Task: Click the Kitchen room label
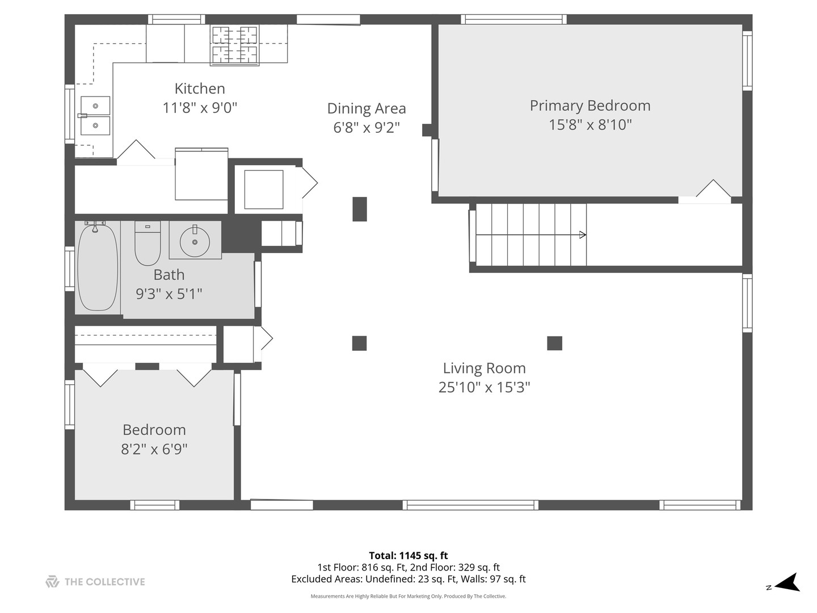pos(200,89)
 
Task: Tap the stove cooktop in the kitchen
pos(234,45)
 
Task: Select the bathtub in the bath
pos(98,267)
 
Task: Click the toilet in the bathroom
pos(148,243)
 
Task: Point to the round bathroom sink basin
pos(195,242)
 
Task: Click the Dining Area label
pos(367,108)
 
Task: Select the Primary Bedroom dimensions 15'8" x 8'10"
pos(590,124)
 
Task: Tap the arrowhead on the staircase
pos(583,234)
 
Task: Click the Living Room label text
pos(484,368)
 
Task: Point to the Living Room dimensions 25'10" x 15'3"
pos(484,388)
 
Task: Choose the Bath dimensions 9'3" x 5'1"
pos(169,294)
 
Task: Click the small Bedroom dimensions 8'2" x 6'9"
pos(154,449)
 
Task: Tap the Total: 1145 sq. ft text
pos(408,555)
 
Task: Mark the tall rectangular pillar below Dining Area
pos(360,209)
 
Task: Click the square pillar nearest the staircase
pos(554,343)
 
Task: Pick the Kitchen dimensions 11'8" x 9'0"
pos(200,108)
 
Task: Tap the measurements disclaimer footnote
pos(408,596)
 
